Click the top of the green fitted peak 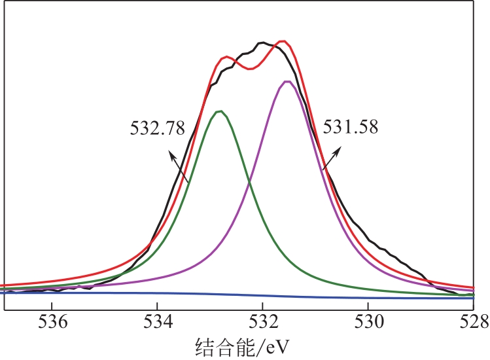[x=220, y=111]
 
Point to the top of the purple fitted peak [x=287, y=81]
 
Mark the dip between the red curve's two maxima [x=250, y=69]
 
